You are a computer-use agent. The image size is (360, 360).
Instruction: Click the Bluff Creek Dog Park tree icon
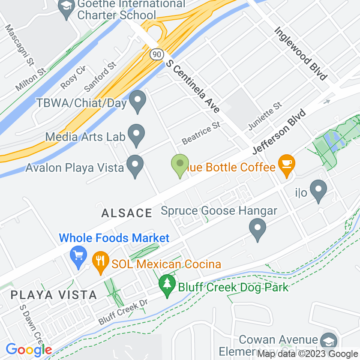point(166,285)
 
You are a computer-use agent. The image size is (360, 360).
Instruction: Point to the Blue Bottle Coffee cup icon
point(286,165)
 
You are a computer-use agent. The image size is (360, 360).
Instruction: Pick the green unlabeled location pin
point(180,164)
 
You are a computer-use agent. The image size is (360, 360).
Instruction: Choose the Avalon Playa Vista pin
point(135,165)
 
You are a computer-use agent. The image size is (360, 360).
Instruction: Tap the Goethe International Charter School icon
point(66,7)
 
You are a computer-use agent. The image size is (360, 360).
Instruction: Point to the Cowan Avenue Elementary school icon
point(329,341)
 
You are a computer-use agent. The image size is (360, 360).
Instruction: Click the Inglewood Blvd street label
point(300,54)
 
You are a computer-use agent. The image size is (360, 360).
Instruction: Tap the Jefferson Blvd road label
point(279,132)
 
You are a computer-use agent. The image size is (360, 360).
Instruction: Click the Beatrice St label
point(201,133)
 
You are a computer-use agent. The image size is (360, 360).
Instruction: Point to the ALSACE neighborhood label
point(127,213)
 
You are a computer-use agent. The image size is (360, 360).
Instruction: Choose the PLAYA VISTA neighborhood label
point(54,295)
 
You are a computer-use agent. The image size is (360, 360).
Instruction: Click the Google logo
point(29,350)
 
